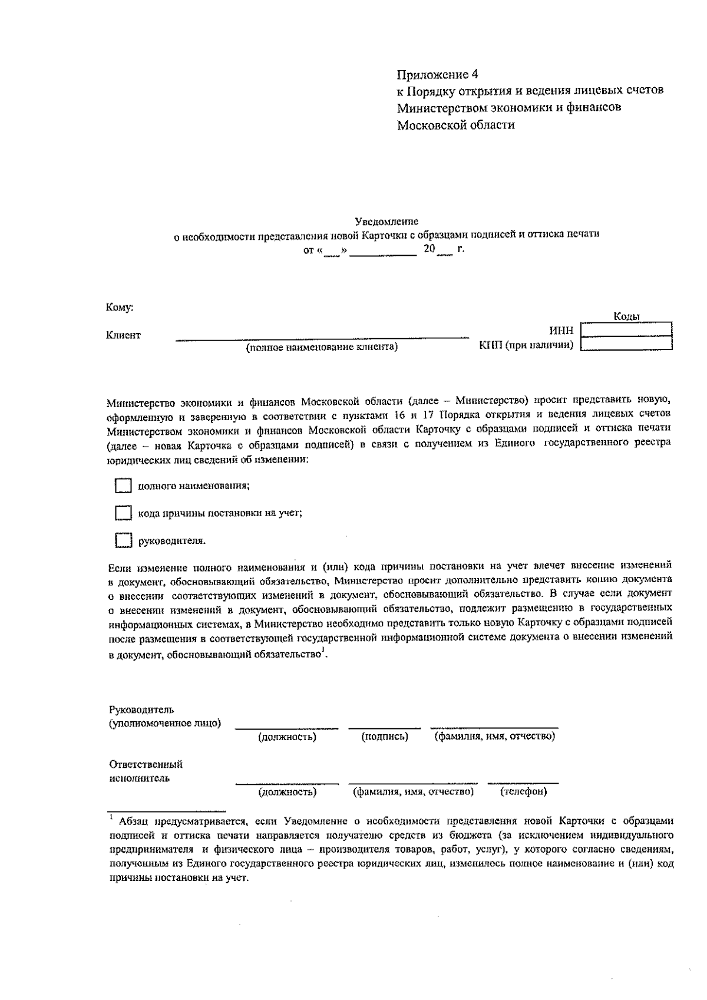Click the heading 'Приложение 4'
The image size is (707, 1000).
click(437, 74)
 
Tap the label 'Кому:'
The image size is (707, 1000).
click(119, 307)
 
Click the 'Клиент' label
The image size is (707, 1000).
click(123, 335)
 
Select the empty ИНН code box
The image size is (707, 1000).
click(626, 329)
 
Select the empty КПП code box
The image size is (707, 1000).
click(626, 344)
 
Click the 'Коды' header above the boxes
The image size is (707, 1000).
click(626, 317)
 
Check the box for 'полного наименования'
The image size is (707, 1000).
click(122, 486)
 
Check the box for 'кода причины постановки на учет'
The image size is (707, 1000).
click(122, 513)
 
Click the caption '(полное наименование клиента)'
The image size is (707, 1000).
click(322, 348)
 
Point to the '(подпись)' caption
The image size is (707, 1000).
click(384, 737)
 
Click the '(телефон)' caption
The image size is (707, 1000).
click(523, 791)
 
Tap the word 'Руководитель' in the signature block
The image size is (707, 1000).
click(141, 709)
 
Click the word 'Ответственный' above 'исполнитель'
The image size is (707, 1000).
click(146, 765)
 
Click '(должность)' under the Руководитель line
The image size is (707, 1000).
click(287, 737)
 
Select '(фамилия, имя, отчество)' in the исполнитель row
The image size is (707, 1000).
click(413, 791)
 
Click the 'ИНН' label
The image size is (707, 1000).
click(561, 331)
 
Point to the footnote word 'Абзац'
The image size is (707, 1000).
click(134, 821)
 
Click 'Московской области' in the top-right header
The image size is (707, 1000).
click(455, 125)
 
